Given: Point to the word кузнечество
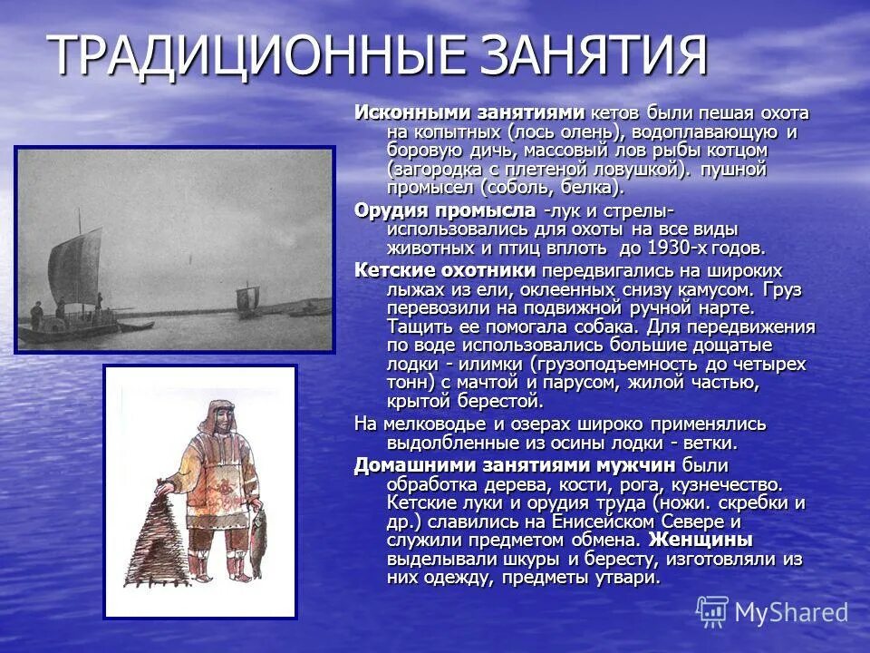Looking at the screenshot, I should tap(730, 484).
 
